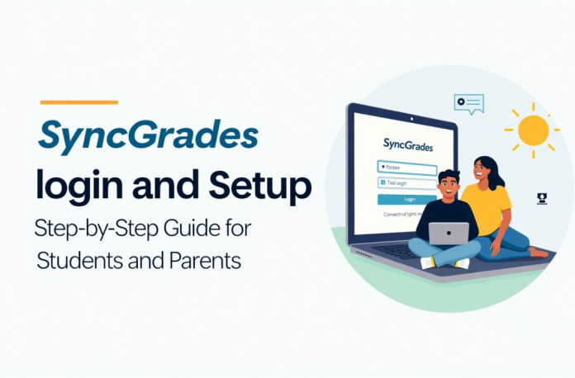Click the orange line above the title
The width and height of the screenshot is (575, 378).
(x=78, y=102)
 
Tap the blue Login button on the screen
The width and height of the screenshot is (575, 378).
(x=406, y=199)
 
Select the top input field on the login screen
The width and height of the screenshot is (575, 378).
(x=406, y=168)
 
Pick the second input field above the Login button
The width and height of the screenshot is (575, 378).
(x=406, y=182)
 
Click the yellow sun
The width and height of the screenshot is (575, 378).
(x=532, y=130)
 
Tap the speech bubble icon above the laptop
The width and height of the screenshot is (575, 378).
(x=468, y=103)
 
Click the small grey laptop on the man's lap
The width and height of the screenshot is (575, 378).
(x=448, y=234)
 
